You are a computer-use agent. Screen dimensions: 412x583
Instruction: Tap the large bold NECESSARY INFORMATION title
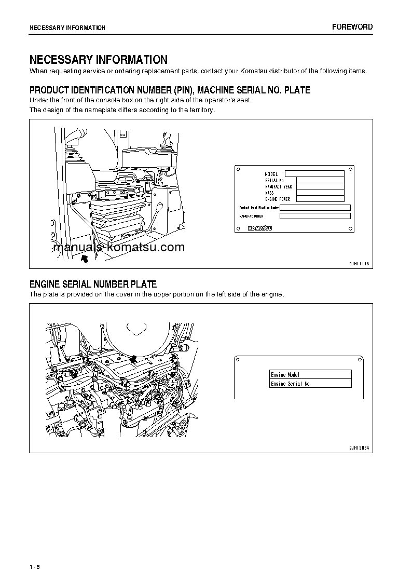98,60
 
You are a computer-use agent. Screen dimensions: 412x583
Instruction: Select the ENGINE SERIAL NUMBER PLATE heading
93,284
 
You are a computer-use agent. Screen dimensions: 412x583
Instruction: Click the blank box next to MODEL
314,174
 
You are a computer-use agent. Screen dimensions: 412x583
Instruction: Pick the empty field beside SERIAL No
314,180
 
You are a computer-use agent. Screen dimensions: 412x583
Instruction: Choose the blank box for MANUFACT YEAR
320,186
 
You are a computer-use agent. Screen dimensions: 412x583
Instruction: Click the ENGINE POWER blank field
320,199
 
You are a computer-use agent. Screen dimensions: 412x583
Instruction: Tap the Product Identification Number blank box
315,208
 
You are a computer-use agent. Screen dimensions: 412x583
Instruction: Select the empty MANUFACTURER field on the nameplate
315,216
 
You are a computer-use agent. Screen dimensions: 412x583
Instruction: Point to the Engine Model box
310,375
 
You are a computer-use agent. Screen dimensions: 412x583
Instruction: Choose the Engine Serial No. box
310,384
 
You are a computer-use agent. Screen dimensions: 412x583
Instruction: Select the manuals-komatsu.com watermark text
119,247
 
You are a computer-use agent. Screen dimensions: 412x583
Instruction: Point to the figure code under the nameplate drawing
359,264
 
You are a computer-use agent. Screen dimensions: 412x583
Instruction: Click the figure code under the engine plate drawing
359,448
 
